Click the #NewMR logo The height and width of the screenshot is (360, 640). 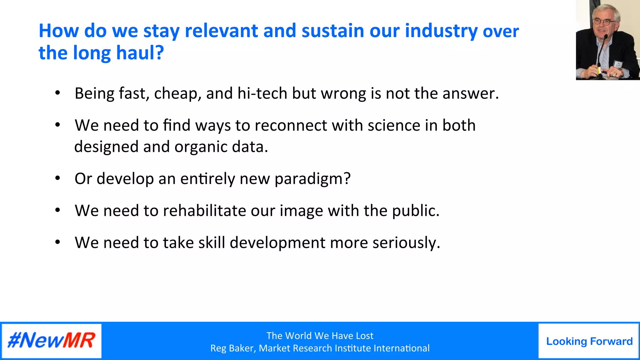click(52, 340)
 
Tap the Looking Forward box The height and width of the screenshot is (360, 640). click(589, 341)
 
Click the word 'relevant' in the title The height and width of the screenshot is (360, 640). click(221, 31)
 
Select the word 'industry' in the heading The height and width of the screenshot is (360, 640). click(441, 31)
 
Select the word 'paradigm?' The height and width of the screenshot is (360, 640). click(312, 179)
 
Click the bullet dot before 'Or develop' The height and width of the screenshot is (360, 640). click(57, 178)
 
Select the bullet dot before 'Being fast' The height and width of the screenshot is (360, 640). click(57, 93)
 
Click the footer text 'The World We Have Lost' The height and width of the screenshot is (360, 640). click(320, 336)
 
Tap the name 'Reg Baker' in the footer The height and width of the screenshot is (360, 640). click(232, 348)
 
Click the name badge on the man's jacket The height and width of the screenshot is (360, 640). click(618, 64)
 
